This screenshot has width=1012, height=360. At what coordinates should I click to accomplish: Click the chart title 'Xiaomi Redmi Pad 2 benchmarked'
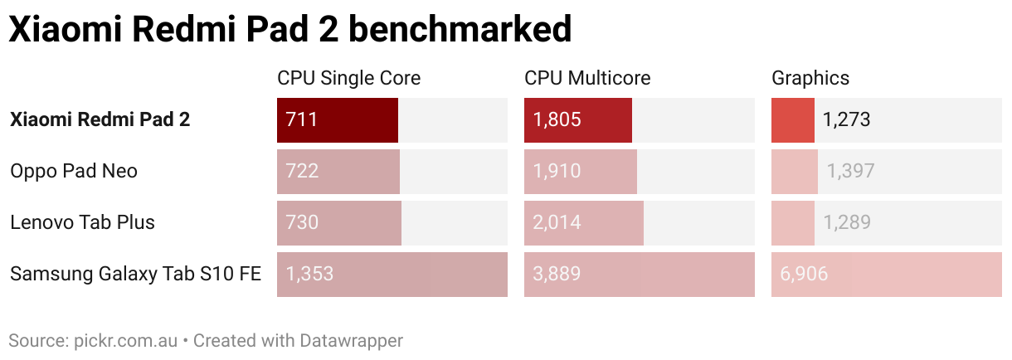290,30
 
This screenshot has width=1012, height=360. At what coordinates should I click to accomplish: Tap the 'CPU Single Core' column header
348,78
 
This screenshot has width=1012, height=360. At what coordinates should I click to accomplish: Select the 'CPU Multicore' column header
587,78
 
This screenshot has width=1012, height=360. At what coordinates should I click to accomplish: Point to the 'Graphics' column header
810,78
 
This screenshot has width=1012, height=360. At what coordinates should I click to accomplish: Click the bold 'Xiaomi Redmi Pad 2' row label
100,119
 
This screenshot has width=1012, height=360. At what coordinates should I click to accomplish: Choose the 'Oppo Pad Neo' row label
74,171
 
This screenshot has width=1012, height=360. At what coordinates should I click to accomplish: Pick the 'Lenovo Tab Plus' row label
82,222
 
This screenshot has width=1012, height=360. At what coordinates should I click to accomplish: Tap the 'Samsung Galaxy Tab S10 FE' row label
135,274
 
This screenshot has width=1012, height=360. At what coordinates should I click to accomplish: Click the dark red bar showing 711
338,119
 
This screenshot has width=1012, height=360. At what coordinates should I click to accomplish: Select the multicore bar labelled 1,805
578,119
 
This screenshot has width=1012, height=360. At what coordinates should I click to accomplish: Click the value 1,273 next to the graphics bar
846,119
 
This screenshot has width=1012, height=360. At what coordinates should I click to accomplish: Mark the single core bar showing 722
338,171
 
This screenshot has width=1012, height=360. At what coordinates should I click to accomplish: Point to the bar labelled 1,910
581,171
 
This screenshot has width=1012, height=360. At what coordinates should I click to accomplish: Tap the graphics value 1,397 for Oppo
850,171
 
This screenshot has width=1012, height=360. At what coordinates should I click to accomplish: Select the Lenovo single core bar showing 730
339,222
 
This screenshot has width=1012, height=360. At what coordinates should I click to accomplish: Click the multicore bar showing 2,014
583,222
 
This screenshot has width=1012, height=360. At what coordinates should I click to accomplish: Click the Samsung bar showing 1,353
392,274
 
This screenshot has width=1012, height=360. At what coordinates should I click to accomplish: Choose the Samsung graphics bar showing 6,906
887,274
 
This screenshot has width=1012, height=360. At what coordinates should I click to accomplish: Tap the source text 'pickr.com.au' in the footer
124,340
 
